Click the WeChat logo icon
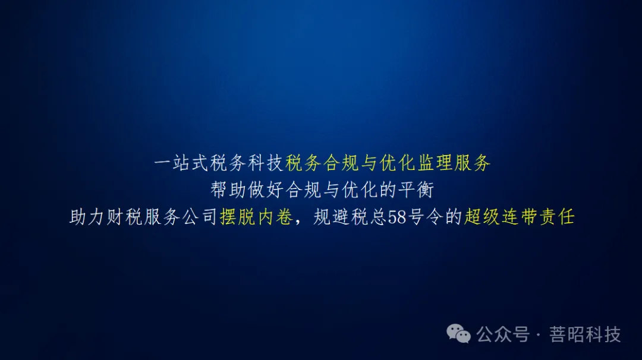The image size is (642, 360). pos(459,334)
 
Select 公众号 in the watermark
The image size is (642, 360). pos(503,334)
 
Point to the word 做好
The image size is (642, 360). pos(266,191)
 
